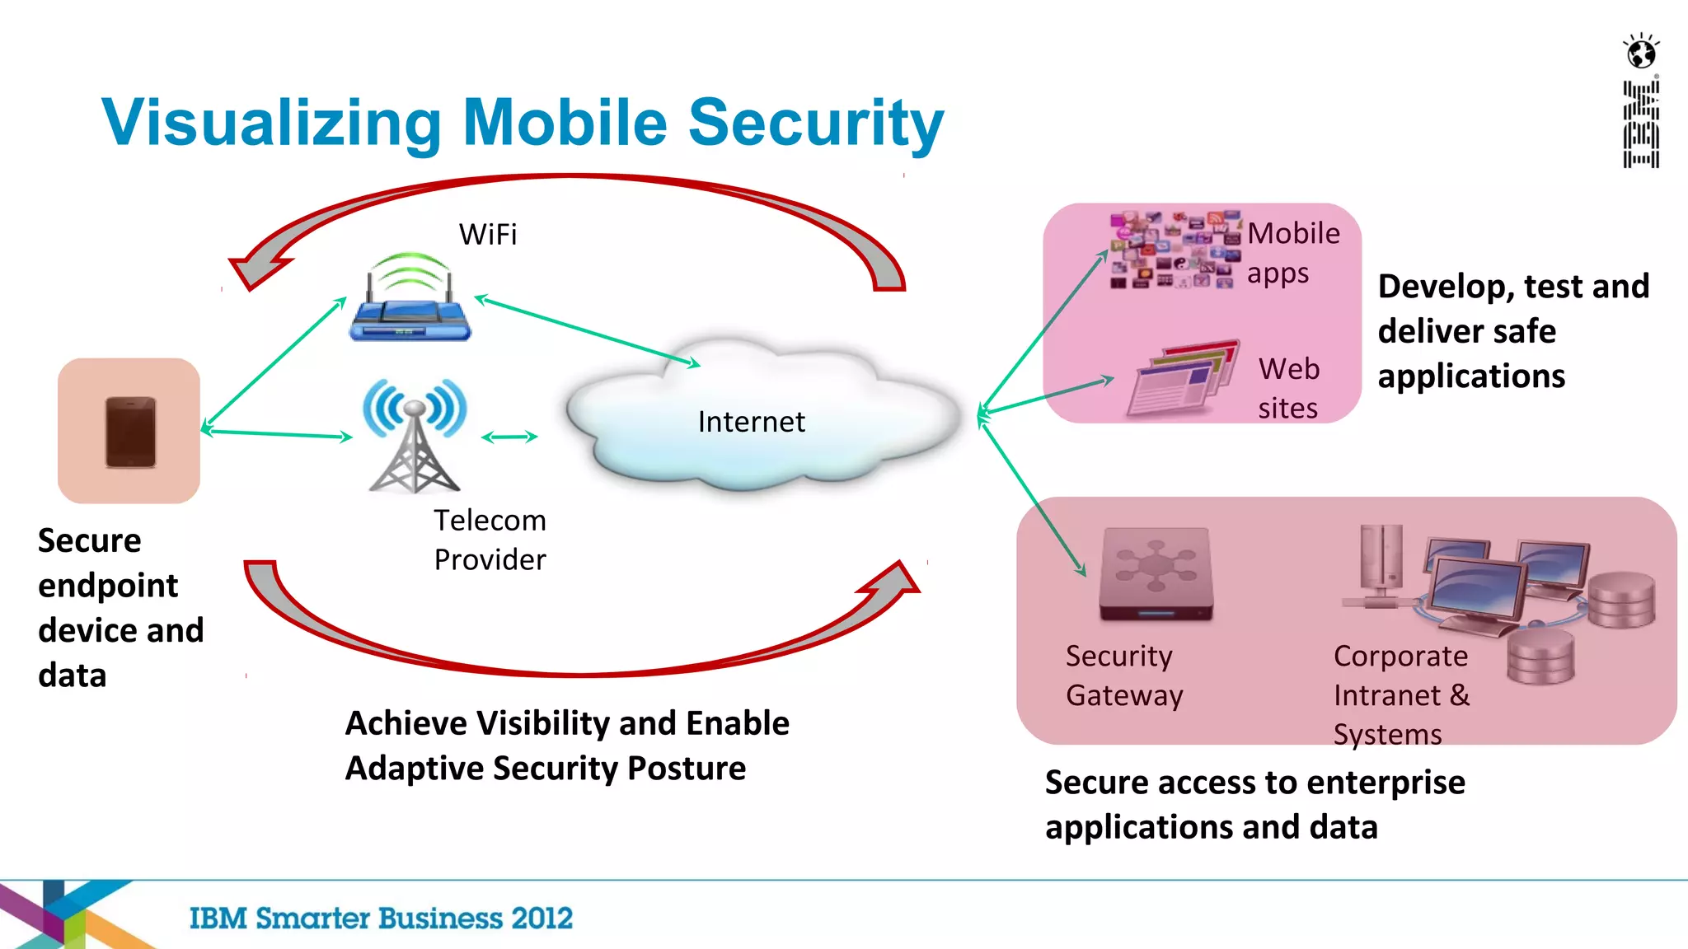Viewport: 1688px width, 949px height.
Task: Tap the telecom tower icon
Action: coord(415,435)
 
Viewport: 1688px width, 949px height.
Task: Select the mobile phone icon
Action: coord(130,432)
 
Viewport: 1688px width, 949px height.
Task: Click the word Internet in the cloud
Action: coord(751,422)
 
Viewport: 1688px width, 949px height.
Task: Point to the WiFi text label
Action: coord(488,235)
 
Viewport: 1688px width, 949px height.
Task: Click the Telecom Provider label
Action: coord(490,540)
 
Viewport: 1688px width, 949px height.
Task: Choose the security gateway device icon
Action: coord(1156,574)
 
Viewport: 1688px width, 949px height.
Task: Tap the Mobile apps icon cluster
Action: coord(1174,250)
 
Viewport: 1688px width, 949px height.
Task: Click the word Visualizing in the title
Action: coord(271,123)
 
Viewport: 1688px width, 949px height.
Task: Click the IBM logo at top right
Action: coord(1641,124)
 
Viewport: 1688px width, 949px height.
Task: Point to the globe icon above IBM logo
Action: coord(1641,53)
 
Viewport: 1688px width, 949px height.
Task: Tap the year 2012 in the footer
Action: coord(542,918)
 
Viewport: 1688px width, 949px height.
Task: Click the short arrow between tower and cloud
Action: coord(509,437)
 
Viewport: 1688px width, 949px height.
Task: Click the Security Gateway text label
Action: coord(1123,676)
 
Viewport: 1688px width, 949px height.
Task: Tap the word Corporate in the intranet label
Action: coord(1400,657)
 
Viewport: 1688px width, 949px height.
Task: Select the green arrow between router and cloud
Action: coord(587,331)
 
